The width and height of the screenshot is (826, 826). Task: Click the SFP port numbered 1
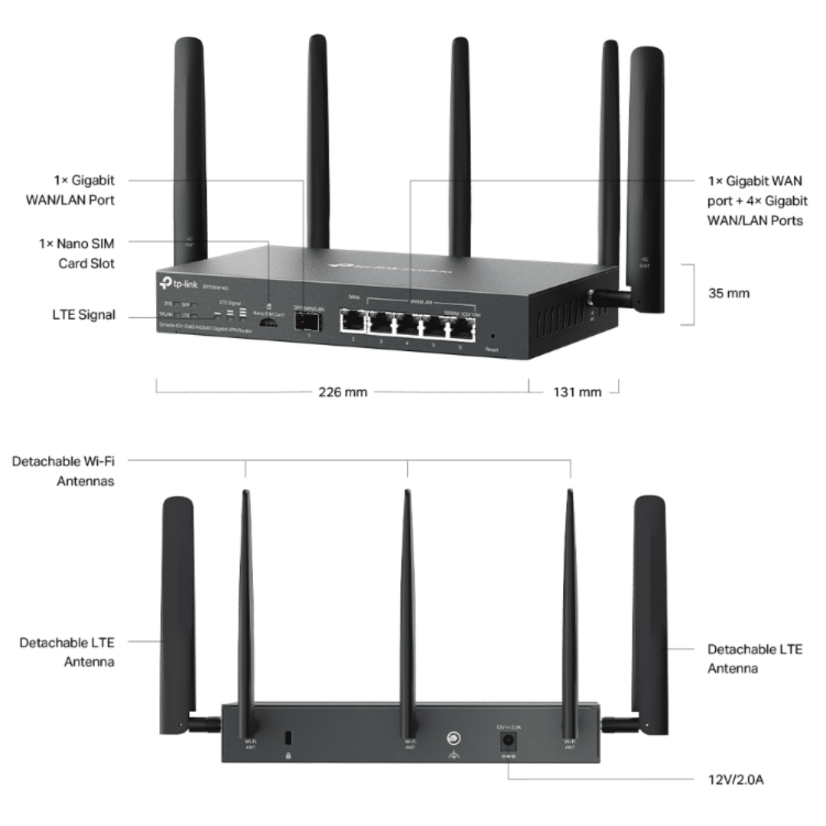pyautogui.click(x=309, y=322)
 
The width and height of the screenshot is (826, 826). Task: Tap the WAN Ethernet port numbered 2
pyautogui.click(x=353, y=324)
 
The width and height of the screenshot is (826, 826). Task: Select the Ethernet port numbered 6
pyautogui.click(x=460, y=327)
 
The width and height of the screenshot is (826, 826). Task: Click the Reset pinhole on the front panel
pyautogui.click(x=492, y=336)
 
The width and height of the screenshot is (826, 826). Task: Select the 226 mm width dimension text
pyautogui.click(x=343, y=392)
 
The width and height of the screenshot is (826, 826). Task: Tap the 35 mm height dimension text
pyautogui.click(x=729, y=293)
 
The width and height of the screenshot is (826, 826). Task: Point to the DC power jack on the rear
pyautogui.click(x=506, y=740)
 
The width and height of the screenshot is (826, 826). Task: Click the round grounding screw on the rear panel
pyautogui.click(x=454, y=739)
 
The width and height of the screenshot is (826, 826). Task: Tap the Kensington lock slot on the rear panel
pyautogui.click(x=288, y=739)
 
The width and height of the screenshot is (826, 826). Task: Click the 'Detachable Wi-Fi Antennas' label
pyautogui.click(x=68, y=471)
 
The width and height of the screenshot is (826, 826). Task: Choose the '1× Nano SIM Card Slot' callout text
pyautogui.click(x=85, y=252)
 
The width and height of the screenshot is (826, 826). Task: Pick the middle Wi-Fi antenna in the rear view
pyautogui.click(x=408, y=597)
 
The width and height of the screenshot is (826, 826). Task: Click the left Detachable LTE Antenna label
pyautogui.click(x=67, y=652)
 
